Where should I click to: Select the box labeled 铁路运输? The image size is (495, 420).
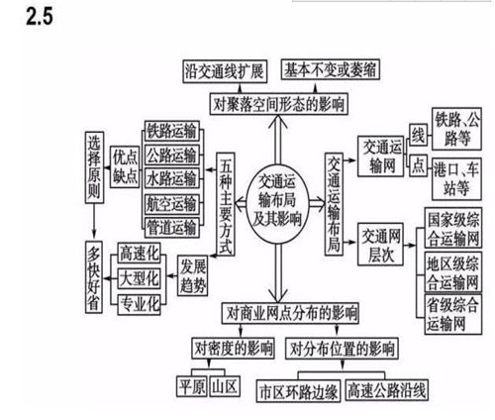(172, 131)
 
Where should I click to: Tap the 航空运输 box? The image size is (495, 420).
(172, 204)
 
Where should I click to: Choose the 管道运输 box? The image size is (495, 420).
(172, 227)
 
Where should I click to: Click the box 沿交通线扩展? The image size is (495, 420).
(225, 71)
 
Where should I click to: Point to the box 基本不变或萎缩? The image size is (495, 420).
(331, 69)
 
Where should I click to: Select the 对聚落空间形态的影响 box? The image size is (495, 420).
(279, 104)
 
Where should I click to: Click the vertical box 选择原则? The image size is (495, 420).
(94, 167)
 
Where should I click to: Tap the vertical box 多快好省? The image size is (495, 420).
(94, 277)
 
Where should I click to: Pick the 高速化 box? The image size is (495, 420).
(140, 254)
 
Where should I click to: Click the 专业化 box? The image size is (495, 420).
(140, 304)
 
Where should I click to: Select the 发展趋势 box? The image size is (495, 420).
(192, 275)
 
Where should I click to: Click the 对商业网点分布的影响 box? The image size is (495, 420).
(290, 313)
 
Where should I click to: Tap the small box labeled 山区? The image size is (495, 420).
(225, 386)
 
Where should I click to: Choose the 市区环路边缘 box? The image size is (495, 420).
(298, 391)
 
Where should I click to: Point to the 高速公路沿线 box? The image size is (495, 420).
(386, 390)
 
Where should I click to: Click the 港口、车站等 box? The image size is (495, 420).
(456, 179)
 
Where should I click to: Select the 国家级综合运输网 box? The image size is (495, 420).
(453, 228)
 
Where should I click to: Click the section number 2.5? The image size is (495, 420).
(40, 16)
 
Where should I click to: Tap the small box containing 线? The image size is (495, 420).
(418, 135)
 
